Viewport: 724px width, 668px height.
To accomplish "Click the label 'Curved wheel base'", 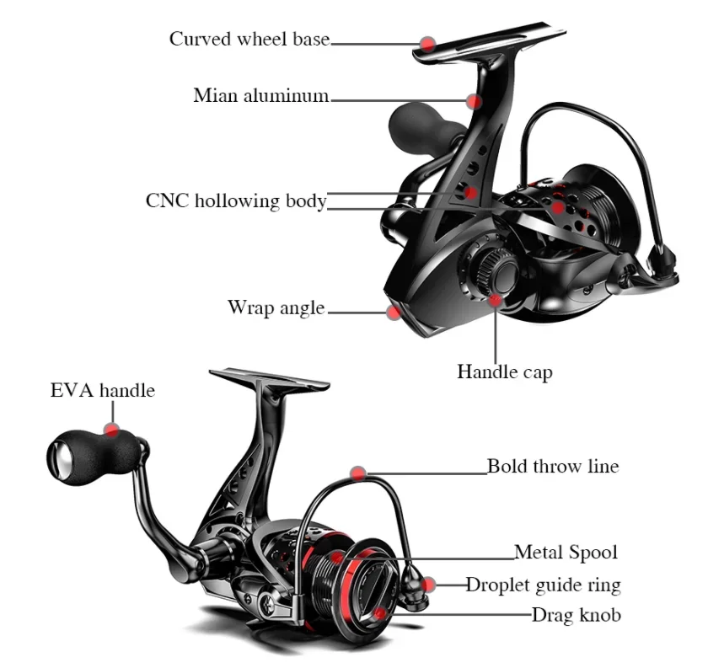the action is (249, 39).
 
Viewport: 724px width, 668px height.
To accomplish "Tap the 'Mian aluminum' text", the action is (261, 95).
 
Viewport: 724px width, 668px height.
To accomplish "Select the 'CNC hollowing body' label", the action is (236, 201).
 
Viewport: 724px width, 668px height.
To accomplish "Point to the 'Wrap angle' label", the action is (276, 307).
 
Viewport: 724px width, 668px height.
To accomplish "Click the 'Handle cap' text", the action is (505, 371).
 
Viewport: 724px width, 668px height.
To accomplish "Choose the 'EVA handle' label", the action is (103, 390).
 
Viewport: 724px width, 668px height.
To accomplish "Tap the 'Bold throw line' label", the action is (553, 466).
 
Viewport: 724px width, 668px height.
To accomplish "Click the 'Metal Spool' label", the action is (566, 553).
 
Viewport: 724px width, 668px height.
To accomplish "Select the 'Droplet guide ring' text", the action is (543, 585).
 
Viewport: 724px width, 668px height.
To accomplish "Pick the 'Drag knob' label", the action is (577, 615).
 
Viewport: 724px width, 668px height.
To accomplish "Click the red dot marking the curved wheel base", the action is (428, 45).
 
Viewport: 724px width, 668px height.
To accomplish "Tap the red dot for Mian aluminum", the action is (474, 101).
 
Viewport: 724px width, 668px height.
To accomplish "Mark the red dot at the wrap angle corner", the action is (394, 313).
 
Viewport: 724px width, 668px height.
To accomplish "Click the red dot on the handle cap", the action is (495, 301).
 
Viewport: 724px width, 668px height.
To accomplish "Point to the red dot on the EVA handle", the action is (111, 430).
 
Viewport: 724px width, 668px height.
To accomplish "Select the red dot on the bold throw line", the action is (358, 473).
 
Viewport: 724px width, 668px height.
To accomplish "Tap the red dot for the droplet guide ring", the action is (429, 585).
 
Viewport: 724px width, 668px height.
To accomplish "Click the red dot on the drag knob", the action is (379, 613).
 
